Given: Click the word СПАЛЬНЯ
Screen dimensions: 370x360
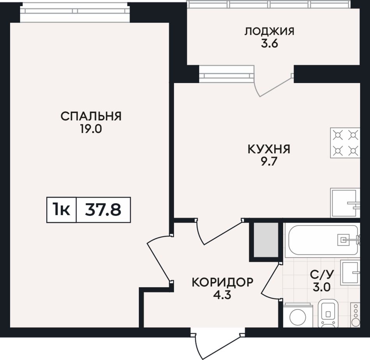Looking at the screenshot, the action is tap(91, 116).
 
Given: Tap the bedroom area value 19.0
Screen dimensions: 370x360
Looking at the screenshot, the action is tap(91, 129).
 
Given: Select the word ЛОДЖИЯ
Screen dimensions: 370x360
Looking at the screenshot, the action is tap(269, 32).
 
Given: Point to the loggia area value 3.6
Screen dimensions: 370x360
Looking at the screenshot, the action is tap(270, 44).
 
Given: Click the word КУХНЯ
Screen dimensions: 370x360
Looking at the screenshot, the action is tap(269, 149).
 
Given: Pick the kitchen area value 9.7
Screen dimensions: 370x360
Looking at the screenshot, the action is tap(269, 162).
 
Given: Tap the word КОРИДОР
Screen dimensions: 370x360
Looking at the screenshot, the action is tap(222, 282).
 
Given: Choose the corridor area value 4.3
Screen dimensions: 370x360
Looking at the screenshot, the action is tap(222, 295).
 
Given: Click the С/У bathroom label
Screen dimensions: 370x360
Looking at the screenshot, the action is tap(322, 274).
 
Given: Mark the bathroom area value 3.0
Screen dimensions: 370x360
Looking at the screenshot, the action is tap(322, 287).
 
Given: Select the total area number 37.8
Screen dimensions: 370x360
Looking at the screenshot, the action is tap(103, 210).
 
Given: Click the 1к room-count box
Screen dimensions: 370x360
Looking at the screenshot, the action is tap(62, 210).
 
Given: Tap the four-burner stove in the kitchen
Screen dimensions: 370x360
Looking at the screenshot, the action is tap(345, 143).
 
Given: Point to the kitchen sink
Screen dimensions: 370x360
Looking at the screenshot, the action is tap(345, 203).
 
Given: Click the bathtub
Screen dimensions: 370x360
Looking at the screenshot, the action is tap(322, 240).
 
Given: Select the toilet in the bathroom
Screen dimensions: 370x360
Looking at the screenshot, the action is tap(328, 313).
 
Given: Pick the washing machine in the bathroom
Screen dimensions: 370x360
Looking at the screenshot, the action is tap(298, 316).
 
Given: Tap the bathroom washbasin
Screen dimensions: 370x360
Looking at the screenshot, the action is tap(350, 273).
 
